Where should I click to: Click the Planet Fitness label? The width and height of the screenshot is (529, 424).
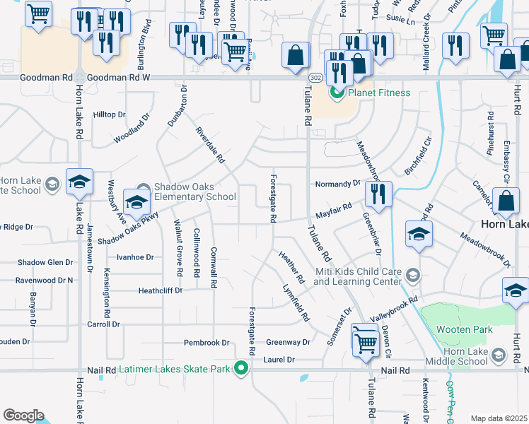(378, 93)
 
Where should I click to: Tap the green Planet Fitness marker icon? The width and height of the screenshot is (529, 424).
(337, 93)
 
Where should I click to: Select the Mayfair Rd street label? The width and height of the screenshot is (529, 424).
(333, 209)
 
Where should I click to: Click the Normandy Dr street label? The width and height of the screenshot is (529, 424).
(337, 184)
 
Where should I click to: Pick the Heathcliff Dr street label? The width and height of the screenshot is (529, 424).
(161, 290)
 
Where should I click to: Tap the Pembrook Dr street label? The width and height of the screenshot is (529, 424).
(207, 343)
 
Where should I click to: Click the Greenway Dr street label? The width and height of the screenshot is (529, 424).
(288, 342)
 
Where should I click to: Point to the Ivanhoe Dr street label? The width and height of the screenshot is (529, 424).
(134, 257)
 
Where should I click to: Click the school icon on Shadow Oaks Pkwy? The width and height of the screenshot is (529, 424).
(136, 201)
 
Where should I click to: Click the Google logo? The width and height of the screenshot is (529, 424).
(23, 416)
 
